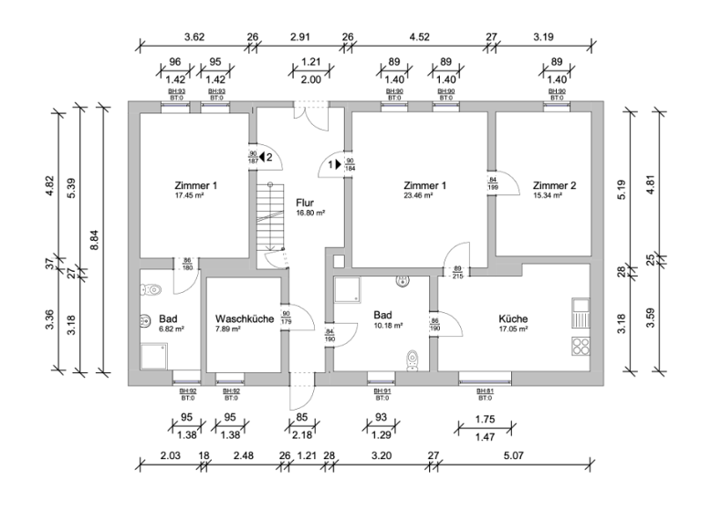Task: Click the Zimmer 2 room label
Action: tap(555, 185)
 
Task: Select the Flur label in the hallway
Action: tap(306, 202)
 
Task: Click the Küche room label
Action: tap(513, 318)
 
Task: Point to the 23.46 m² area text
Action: tap(424, 195)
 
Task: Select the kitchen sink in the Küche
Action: tap(580, 312)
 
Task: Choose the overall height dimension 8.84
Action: tap(92, 239)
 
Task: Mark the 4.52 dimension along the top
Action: tap(418, 37)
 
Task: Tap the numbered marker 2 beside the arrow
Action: tap(269, 157)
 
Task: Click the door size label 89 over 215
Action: tap(456, 271)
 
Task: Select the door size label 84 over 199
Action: tap(493, 182)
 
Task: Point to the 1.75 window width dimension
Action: tap(485, 419)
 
